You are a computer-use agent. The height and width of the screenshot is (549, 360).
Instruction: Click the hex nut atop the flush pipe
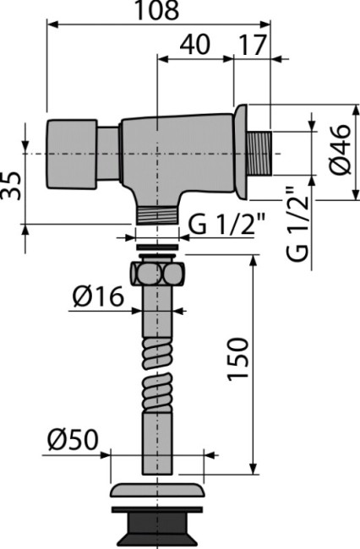[158, 274]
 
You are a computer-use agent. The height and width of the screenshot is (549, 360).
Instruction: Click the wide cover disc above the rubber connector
[158, 492]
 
